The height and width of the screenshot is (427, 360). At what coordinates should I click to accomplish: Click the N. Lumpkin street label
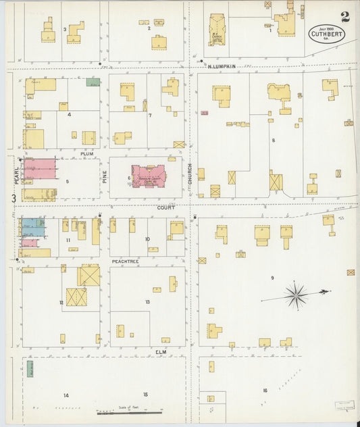[221, 66]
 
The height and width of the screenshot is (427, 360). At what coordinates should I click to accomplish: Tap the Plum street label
[86, 153]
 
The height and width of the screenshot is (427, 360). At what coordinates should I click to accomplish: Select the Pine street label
[105, 176]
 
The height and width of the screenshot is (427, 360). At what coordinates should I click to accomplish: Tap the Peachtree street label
[126, 260]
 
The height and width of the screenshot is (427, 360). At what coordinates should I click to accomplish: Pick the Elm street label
[161, 352]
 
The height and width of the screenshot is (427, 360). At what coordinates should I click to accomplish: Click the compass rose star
[296, 295]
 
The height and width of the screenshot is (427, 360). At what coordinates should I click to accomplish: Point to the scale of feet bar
[129, 411]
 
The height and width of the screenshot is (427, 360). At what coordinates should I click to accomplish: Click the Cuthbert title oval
[325, 34]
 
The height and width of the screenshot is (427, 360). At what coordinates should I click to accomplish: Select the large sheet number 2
[345, 16]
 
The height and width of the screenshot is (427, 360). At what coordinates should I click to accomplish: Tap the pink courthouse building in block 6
[149, 176]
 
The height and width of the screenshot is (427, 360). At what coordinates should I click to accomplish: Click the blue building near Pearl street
[33, 226]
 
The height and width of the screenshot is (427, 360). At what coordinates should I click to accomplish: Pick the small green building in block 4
[93, 82]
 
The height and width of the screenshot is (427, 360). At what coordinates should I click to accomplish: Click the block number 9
[272, 278]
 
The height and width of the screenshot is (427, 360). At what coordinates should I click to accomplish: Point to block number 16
[265, 391]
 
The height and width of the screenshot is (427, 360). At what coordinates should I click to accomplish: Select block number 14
[66, 395]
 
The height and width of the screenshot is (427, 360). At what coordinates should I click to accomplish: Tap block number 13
[147, 301]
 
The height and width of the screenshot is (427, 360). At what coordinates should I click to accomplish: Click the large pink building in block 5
[39, 168]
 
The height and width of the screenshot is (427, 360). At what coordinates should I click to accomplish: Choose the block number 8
[274, 141]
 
